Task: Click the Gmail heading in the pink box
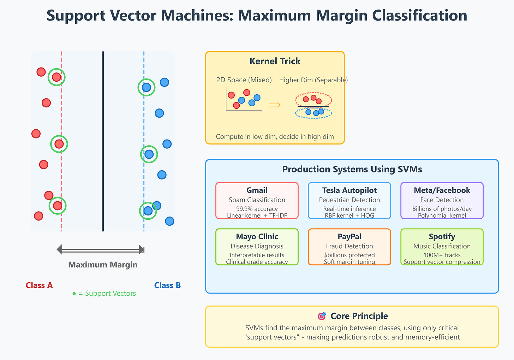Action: point(257,190)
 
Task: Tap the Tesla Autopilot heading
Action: point(349,190)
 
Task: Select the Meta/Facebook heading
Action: point(442,190)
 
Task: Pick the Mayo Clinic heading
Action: point(257,236)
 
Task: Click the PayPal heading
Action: point(349,237)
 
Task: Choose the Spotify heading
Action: point(442,237)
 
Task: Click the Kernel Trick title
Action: point(275,61)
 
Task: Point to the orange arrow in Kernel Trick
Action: point(275,105)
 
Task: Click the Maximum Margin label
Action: point(103,265)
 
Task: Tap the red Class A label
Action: point(39,285)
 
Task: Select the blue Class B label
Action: point(167,285)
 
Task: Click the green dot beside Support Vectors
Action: point(74,294)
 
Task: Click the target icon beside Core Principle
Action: point(322,316)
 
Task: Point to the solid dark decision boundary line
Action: point(103,141)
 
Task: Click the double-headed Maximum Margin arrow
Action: point(101,249)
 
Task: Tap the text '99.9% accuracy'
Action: point(257,209)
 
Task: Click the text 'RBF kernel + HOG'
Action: point(349,216)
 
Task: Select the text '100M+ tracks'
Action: point(442,255)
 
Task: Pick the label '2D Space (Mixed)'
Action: point(244,80)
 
